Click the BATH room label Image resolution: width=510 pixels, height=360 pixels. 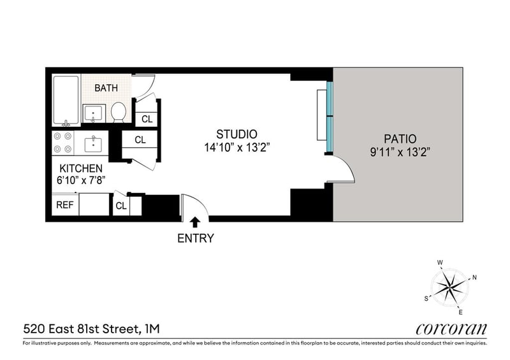(x=106, y=88)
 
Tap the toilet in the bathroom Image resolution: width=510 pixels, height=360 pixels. (x=118, y=112)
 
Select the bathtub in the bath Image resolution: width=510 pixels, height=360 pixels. (x=66, y=100)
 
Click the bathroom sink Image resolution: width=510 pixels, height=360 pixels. (x=94, y=113)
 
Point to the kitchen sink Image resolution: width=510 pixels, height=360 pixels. (x=93, y=145)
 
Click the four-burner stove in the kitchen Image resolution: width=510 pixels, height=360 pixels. (x=62, y=143)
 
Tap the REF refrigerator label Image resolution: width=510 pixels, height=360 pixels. (x=65, y=205)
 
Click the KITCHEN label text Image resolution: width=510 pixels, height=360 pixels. (x=81, y=168)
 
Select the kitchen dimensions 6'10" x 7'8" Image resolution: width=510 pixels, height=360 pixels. (x=81, y=180)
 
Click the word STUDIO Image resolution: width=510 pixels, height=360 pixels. (x=237, y=134)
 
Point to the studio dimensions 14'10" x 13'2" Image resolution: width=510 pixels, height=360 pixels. (x=237, y=148)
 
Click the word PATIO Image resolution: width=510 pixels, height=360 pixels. (x=400, y=139)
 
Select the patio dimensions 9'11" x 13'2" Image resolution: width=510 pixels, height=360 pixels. (x=400, y=152)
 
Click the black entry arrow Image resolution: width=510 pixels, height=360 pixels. (x=195, y=222)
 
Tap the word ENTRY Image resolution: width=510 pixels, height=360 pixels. (x=196, y=238)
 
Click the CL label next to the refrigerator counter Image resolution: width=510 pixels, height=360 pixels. (x=121, y=206)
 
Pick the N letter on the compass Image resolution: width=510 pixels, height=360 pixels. (x=474, y=277)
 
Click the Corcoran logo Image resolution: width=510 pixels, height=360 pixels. (x=451, y=329)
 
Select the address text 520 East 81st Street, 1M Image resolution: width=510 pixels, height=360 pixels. (x=91, y=329)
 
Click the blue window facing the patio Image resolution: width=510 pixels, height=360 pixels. (x=330, y=117)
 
